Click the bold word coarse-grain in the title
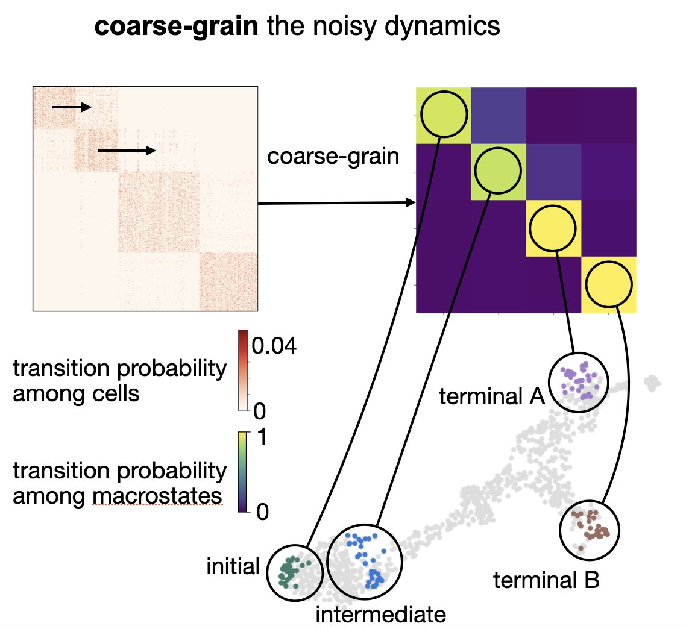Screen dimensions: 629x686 tap(172, 27)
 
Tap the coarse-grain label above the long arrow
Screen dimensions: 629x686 tap(333, 157)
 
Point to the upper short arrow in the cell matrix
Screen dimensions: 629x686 tap(71, 107)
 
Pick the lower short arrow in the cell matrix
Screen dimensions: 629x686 tap(126, 150)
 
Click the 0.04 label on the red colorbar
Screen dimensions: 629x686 tap(274, 346)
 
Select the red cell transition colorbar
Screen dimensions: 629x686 tap(243, 370)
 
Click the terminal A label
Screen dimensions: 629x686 tap(492, 397)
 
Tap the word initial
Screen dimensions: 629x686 tap(233, 566)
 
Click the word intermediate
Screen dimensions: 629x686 tap(380, 615)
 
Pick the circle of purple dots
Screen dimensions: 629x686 tap(579, 382)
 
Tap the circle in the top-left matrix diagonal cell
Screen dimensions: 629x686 tap(444, 114)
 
